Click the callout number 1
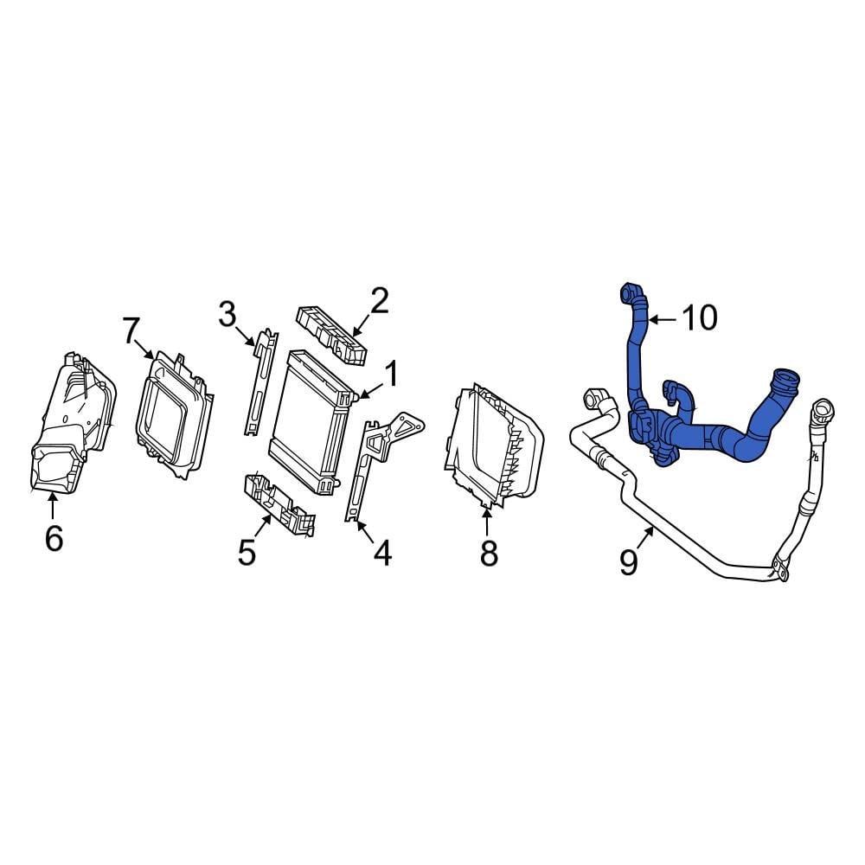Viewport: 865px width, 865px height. click(x=390, y=375)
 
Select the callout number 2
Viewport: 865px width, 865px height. click(x=379, y=301)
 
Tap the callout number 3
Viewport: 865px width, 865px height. click(x=227, y=315)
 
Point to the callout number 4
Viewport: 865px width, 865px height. click(x=381, y=553)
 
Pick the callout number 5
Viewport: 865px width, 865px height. click(x=247, y=552)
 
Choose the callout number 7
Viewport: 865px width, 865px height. click(x=130, y=330)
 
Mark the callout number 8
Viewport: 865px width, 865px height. click(x=489, y=553)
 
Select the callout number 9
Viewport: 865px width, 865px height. click(x=629, y=561)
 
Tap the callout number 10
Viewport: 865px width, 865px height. click(x=699, y=318)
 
